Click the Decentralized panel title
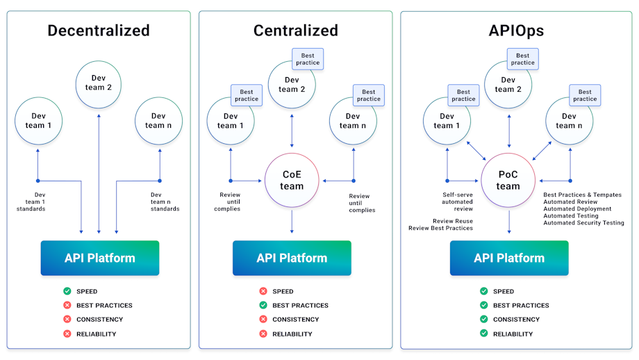(98, 31)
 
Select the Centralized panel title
(295, 31)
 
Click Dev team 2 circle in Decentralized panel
(99, 83)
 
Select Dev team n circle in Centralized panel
(353, 121)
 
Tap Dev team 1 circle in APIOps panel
(447, 121)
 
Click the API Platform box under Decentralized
(100, 258)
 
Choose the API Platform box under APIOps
(509, 258)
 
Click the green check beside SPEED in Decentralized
(67, 291)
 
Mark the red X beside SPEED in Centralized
(263, 291)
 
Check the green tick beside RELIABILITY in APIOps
(483, 334)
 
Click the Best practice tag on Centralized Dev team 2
(308, 59)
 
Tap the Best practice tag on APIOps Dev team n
(585, 95)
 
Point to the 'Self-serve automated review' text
(458, 202)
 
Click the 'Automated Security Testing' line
(583, 223)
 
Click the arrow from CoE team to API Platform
(292, 222)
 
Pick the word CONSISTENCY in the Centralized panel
(295, 320)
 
